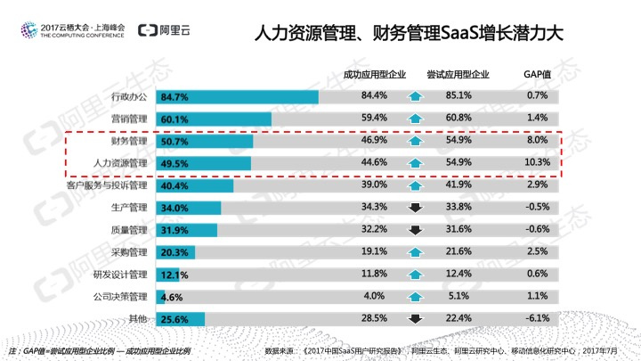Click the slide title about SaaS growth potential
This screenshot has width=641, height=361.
tap(409, 35)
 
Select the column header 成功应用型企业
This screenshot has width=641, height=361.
tap(374, 74)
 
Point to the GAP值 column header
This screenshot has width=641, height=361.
tap(537, 74)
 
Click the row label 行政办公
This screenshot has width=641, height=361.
tap(128, 96)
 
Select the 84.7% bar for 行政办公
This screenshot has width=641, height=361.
tap(237, 96)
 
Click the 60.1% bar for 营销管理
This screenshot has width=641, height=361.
tap(214, 119)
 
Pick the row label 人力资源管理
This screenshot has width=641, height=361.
tap(120, 164)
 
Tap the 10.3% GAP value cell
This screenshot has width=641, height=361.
tap(537, 163)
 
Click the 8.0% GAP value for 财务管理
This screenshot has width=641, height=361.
tap(537, 141)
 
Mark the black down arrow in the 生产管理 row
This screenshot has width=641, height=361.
tap(414, 208)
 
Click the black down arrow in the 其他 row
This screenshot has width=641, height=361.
tap(414, 319)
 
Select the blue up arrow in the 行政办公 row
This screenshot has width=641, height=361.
tap(414, 96)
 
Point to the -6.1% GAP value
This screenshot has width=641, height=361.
tap(537, 318)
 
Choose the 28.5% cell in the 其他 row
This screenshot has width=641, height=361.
tap(374, 318)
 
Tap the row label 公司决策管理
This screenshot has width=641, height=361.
tap(120, 297)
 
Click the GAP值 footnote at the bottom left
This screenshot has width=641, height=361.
tap(98, 351)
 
